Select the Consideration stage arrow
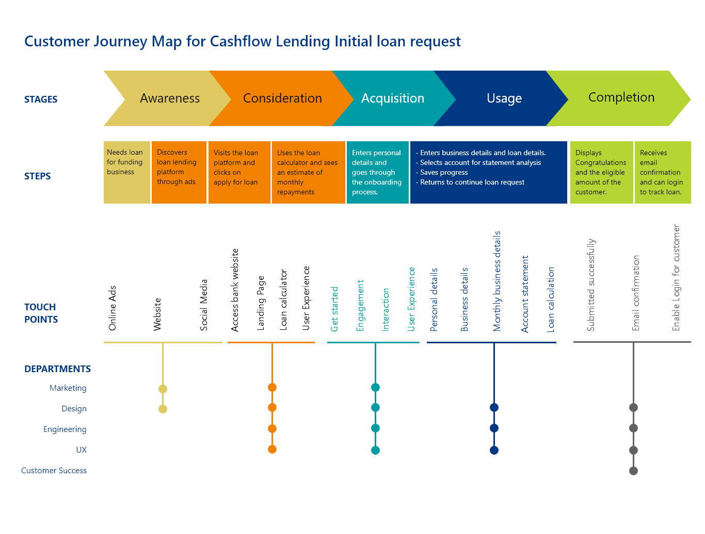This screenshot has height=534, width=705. point(282,98)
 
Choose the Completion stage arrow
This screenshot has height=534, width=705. point(620,98)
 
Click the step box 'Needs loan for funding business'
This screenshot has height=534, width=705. point(126,172)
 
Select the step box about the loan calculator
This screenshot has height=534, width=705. point(308,172)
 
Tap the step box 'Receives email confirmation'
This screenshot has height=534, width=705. point(663,172)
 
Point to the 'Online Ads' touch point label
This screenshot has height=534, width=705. point(112,308)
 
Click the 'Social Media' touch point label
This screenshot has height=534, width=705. point(203,305)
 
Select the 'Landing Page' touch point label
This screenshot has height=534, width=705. point(261,303)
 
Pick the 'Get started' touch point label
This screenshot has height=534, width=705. point(334,309)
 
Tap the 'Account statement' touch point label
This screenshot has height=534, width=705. point(524,294)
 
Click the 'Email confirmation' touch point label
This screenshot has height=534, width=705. point(635,293)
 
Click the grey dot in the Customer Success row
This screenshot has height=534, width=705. point(633,471)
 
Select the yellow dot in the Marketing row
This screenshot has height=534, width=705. point(163,389)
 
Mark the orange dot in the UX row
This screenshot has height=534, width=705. point(272,449)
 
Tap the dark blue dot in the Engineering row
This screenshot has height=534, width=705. point(494,428)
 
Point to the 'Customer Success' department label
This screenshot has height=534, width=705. point(54,470)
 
